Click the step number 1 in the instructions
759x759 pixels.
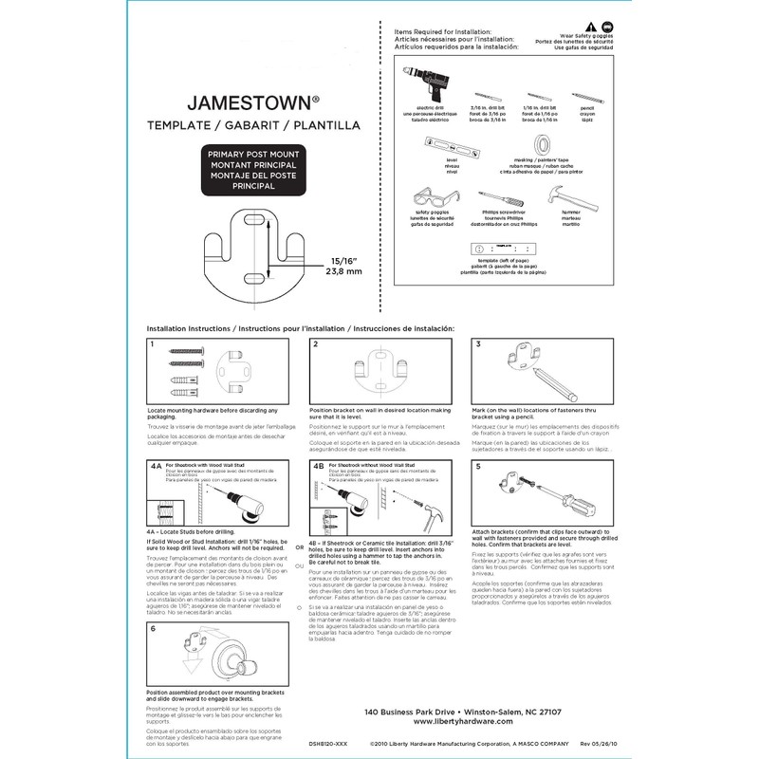[153, 344]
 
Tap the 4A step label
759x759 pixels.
[156, 467]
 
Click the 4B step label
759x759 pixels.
[319, 467]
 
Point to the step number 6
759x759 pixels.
[153, 627]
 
